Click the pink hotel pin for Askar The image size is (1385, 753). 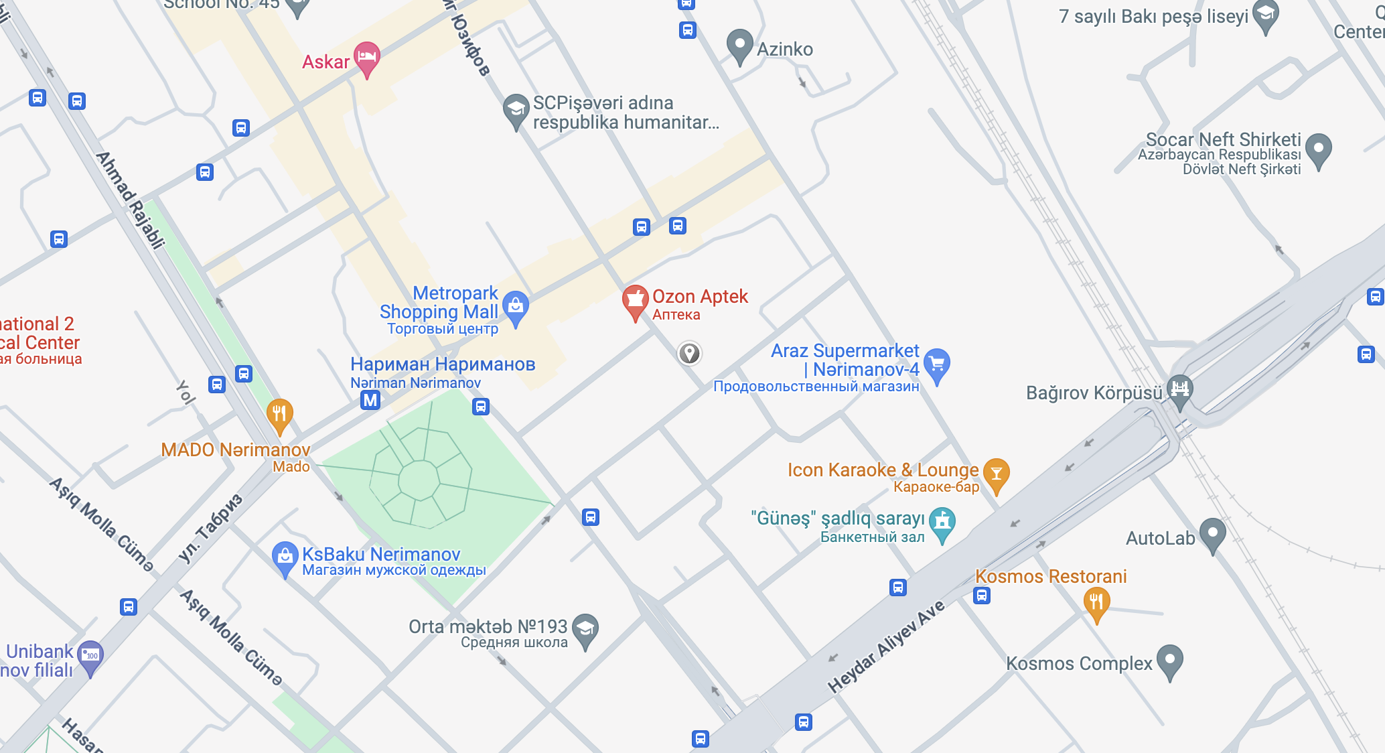click(367, 57)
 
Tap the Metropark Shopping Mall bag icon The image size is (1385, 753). click(516, 306)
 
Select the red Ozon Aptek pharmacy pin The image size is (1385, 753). click(635, 299)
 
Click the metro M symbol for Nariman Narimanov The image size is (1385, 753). click(370, 400)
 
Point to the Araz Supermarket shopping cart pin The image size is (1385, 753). click(937, 364)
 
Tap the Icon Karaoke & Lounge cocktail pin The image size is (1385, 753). click(996, 474)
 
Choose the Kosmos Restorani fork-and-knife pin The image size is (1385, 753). click(1096, 602)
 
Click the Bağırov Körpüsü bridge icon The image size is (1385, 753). click(1179, 389)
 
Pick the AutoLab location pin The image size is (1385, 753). click(1212, 534)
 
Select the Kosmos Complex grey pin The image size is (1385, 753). click(1169, 660)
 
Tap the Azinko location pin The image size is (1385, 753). click(739, 45)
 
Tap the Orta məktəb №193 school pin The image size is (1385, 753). click(585, 629)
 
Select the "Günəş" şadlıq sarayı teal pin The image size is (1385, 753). click(942, 522)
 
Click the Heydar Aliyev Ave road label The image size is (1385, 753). click(886, 646)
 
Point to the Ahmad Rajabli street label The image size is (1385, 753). click(130, 200)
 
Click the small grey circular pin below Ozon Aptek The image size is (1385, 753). click(689, 353)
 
